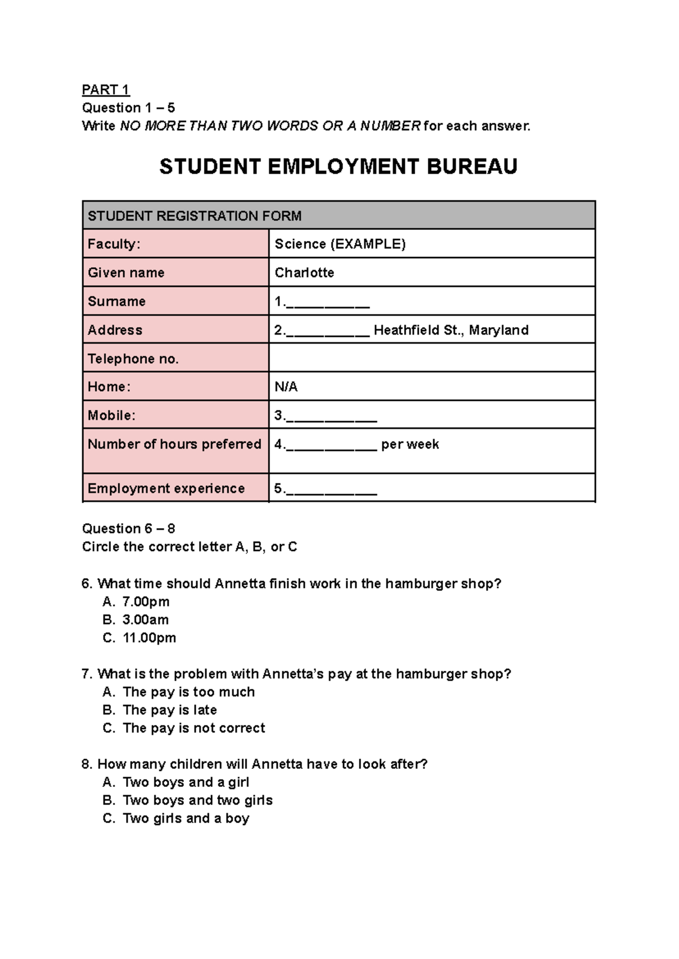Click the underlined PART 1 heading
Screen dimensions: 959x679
point(106,90)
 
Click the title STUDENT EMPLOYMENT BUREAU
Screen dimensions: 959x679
point(338,167)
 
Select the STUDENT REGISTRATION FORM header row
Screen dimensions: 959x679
point(338,216)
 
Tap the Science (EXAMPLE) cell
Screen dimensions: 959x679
point(340,244)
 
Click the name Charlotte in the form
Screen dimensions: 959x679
point(304,273)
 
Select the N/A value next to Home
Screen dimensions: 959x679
point(286,387)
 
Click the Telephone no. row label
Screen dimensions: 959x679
point(133,359)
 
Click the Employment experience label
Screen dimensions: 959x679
point(166,489)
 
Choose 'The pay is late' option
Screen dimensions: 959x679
point(169,710)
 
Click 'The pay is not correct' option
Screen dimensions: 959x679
point(194,728)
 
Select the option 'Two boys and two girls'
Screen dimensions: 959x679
point(197,800)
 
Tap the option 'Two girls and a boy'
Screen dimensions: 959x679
point(186,819)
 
